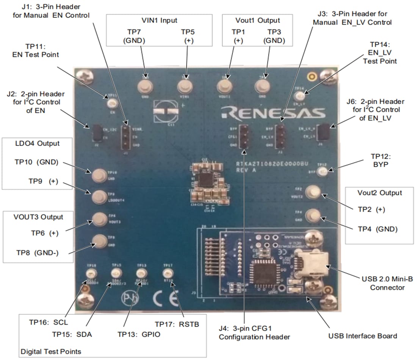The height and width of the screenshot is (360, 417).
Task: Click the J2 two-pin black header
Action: click(96, 133)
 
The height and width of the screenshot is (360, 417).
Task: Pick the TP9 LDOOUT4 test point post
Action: click(99, 196)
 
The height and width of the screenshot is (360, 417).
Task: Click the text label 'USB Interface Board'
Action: click(363, 336)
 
